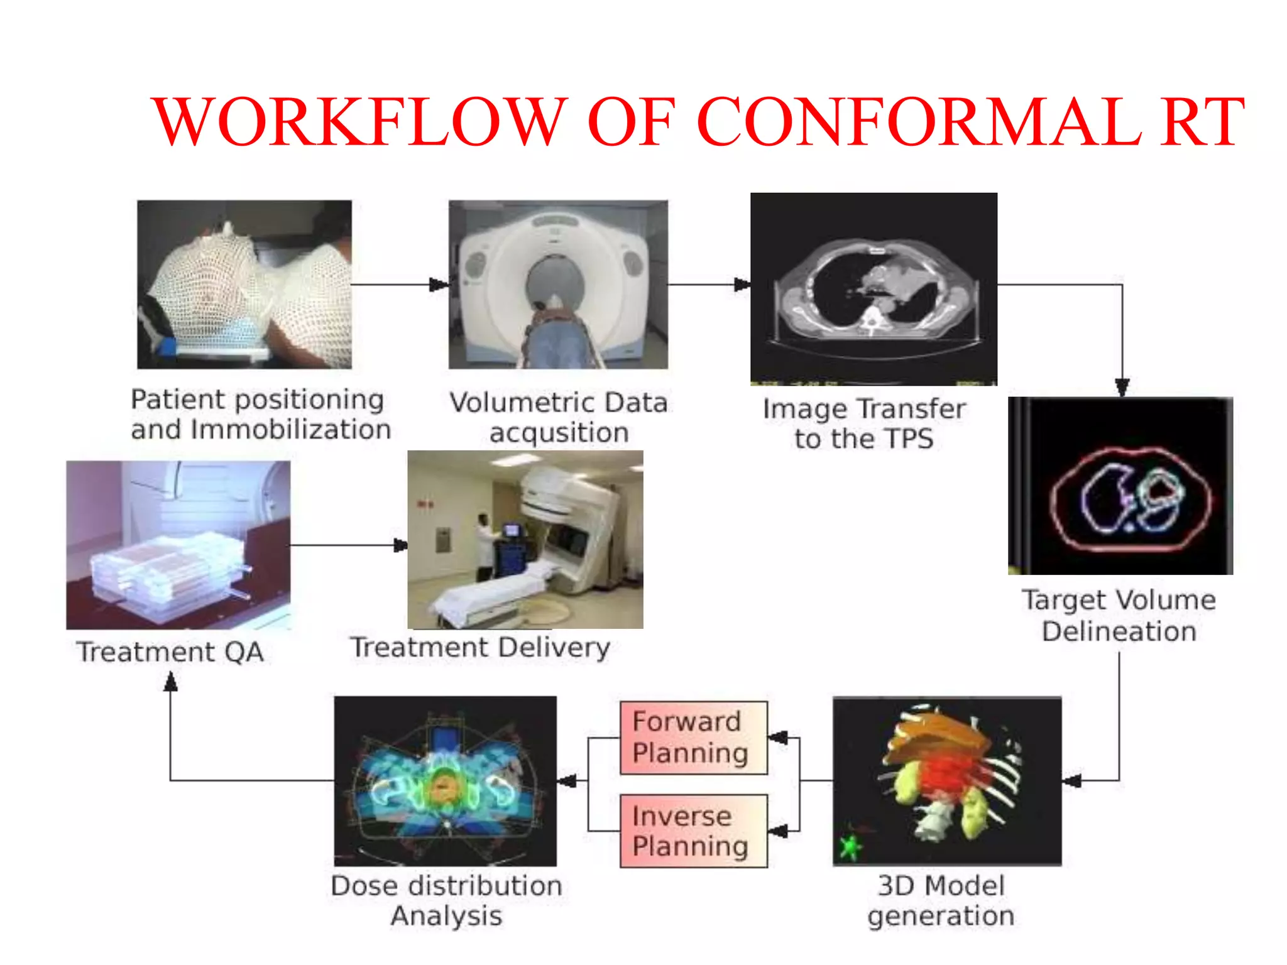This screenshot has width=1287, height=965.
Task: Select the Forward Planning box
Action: [693, 738]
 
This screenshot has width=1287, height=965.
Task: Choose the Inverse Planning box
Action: [693, 831]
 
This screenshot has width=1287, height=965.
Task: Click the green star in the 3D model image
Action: [850, 846]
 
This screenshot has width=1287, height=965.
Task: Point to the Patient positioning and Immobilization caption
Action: [260, 415]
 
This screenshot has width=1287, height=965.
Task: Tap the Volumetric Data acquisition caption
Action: [559, 417]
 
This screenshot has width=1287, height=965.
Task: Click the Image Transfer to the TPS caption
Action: [864, 423]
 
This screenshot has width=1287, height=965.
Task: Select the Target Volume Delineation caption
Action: [1119, 615]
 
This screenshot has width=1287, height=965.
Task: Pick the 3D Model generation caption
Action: [941, 900]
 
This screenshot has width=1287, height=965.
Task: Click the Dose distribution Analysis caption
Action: [446, 900]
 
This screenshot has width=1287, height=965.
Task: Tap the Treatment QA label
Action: [170, 652]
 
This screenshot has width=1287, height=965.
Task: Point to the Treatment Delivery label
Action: [480, 647]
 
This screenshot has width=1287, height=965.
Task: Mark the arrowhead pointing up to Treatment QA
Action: [170, 682]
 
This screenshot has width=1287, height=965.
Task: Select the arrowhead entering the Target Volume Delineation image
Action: [1122, 386]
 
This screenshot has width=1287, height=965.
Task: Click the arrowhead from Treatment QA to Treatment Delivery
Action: [400, 545]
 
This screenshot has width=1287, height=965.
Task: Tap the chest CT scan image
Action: [874, 288]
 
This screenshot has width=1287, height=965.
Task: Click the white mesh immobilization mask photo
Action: [244, 284]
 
